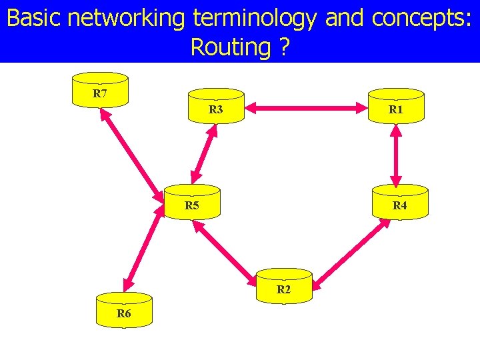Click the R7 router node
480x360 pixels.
point(100,89)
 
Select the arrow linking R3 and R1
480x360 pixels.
point(306,105)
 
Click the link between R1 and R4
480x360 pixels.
point(396,154)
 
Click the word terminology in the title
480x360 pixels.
point(253,18)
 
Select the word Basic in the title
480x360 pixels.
point(34,18)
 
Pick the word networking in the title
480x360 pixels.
point(127,18)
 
